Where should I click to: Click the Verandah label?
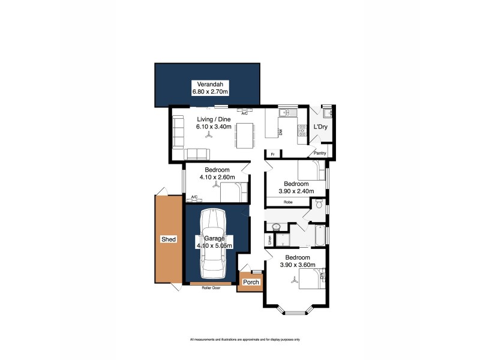(x=207, y=83)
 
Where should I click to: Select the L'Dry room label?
(x=320, y=127)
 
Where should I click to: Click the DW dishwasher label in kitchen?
(x=280, y=133)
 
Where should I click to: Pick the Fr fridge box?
(x=273, y=154)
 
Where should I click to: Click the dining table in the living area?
(x=244, y=136)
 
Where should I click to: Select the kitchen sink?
(x=284, y=112)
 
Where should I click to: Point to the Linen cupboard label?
(x=270, y=239)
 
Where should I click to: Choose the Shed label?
(x=169, y=239)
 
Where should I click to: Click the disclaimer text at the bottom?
(x=245, y=340)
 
